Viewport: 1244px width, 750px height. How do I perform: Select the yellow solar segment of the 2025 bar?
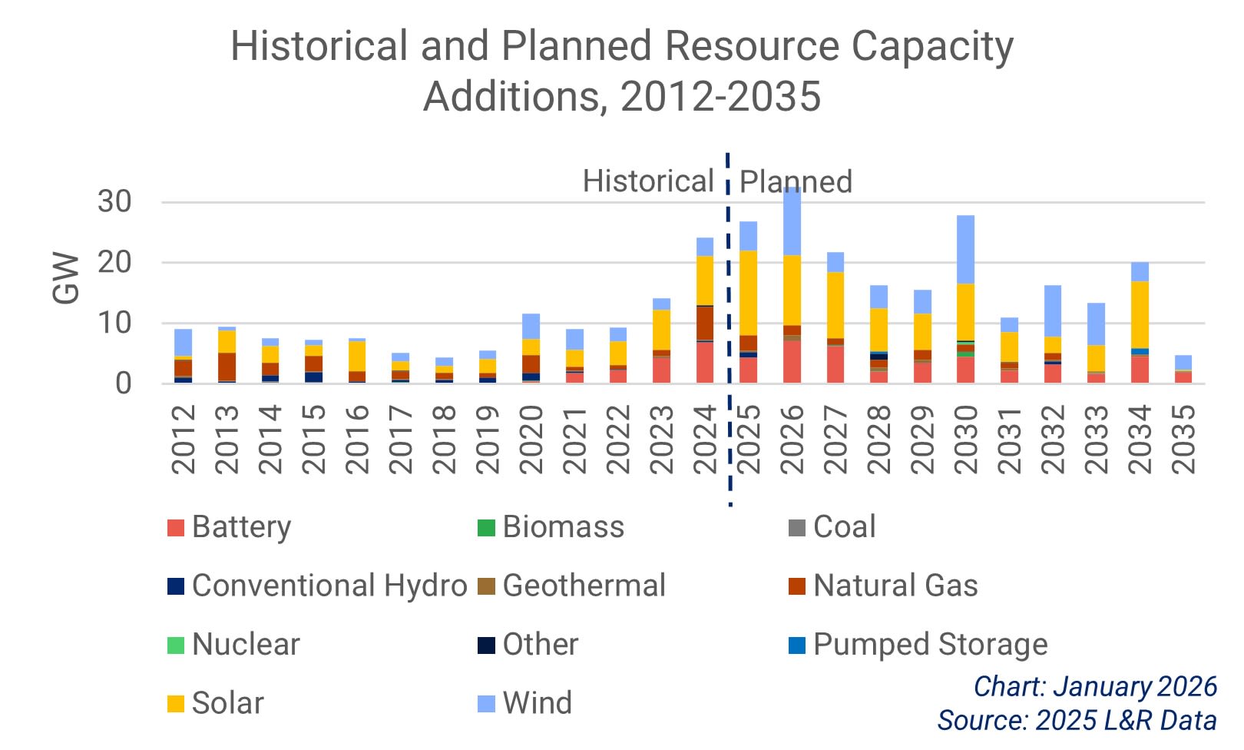coord(748,293)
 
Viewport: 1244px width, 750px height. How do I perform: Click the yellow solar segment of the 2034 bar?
coord(1140,315)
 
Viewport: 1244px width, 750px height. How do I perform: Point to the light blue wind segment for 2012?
coord(183,342)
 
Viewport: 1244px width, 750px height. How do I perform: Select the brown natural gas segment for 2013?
coord(227,367)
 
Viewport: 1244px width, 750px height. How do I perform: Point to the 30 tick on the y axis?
coord(114,202)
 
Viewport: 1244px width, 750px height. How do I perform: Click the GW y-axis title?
coord(67,278)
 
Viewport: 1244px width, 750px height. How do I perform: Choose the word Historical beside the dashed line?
coord(647,181)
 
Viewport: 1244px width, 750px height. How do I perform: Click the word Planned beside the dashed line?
coord(796,182)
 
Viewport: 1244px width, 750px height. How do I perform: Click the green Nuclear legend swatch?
coord(176,645)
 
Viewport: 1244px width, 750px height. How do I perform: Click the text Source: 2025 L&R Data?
coord(1077,720)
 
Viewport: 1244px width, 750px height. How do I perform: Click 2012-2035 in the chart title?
coord(720,97)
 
